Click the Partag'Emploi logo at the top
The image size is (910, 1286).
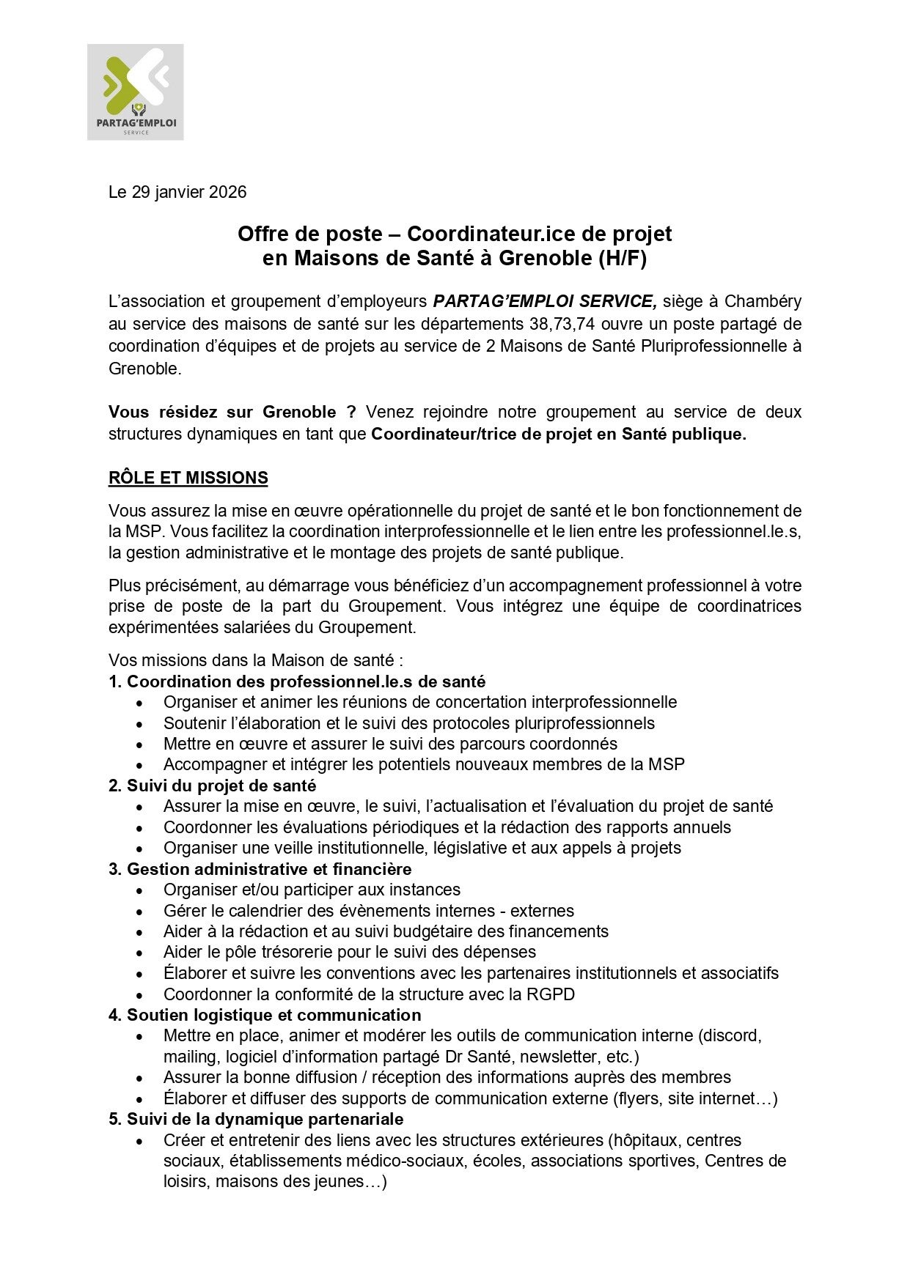(136, 92)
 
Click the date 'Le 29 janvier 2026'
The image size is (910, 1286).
(177, 192)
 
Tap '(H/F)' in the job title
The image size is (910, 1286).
(623, 258)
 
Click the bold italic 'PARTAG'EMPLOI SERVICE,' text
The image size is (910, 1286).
(545, 301)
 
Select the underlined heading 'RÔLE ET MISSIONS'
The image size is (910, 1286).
(188, 478)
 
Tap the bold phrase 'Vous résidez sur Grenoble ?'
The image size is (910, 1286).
(232, 412)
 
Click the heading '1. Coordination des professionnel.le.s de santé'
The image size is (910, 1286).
(297, 681)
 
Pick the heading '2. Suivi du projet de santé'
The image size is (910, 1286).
(213, 786)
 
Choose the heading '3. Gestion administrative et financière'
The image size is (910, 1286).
(260, 869)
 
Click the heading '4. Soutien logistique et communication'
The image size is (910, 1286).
(265, 1015)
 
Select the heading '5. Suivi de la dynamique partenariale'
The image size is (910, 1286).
(256, 1119)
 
